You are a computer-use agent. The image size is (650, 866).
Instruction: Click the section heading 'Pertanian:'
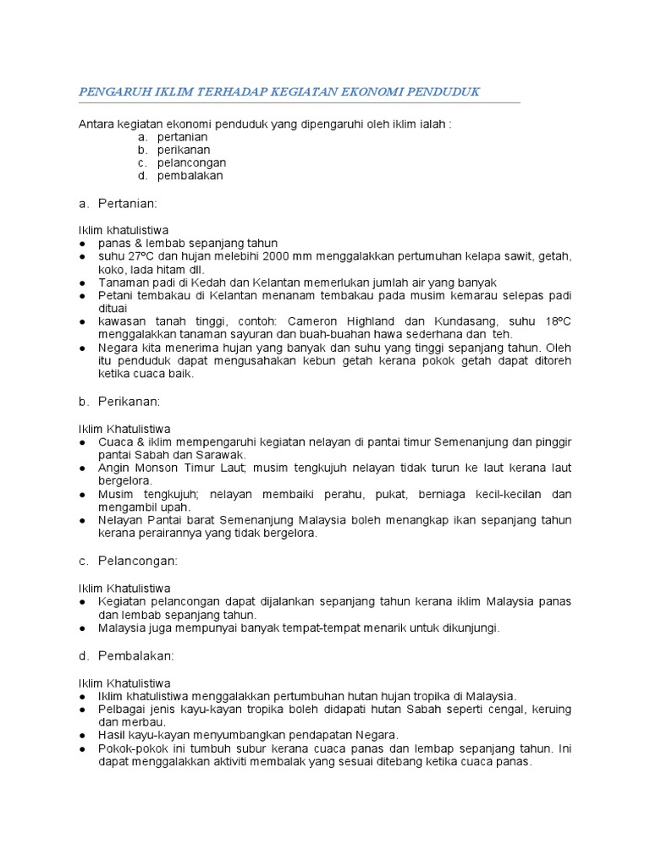tap(128, 204)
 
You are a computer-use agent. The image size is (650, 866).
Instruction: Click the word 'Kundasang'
tap(472, 321)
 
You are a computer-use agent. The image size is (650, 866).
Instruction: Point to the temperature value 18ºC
tap(555, 321)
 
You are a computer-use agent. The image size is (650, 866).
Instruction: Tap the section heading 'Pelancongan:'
tap(138, 561)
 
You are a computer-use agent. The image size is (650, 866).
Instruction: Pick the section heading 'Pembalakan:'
tap(136, 655)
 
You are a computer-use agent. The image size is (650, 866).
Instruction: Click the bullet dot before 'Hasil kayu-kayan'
tap(82, 736)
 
